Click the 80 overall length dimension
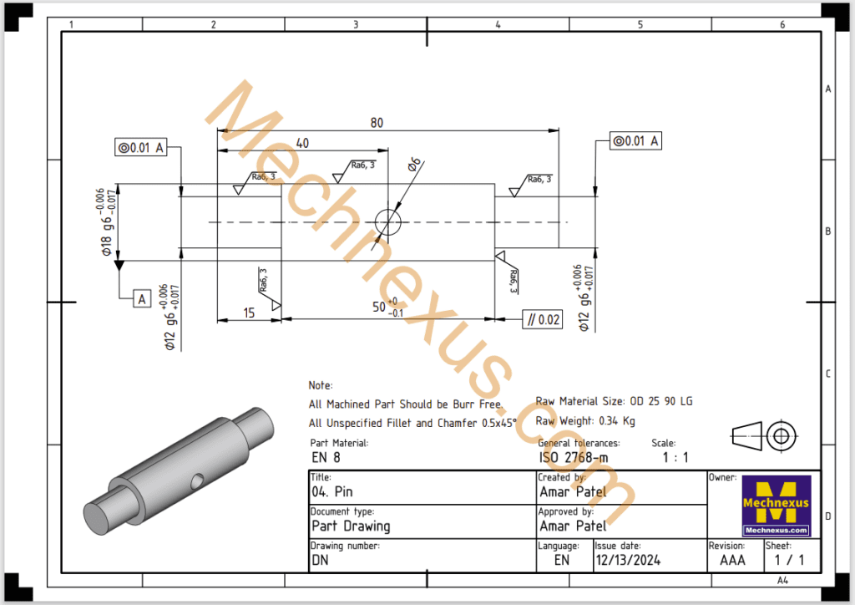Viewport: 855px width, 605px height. [x=377, y=123]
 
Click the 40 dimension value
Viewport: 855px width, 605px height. [x=302, y=144]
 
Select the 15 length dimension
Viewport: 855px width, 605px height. [x=249, y=313]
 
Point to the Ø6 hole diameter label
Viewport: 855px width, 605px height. [x=414, y=165]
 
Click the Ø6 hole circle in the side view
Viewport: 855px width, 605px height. [x=388, y=222]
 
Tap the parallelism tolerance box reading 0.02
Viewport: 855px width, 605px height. [x=542, y=319]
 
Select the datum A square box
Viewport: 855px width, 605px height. [x=141, y=298]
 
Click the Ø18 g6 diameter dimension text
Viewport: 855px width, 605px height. [x=106, y=223]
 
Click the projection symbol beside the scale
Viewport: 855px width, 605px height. [x=765, y=435]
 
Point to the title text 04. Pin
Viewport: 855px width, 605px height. [x=332, y=492]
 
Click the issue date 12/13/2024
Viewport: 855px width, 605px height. [x=627, y=560]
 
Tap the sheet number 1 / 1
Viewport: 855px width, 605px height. [x=783, y=560]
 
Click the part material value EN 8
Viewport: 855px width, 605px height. [x=326, y=458]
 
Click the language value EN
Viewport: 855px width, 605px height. [x=562, y=560]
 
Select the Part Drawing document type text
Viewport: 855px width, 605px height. [x=351, y=526]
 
